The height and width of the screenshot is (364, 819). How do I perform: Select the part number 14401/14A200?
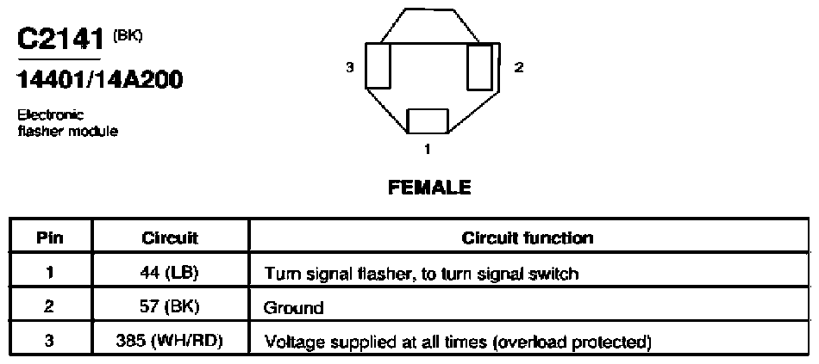coord(100,80)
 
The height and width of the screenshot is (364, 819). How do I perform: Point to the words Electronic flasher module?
coord(67,122)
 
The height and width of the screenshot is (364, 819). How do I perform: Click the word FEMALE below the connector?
coord(429,188)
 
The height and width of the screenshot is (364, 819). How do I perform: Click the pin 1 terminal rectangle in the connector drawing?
coord(428,121)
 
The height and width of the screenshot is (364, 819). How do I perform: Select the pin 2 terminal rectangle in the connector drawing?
coord(479,67)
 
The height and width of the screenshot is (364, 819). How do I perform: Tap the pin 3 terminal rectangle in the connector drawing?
coord(378,65)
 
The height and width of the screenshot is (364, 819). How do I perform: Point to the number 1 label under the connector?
coord(428,150)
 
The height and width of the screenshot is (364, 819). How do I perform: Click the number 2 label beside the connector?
coord(519,67)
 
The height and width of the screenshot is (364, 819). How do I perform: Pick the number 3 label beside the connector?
coord(350,67)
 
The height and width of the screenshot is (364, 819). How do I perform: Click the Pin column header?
coord(50,238)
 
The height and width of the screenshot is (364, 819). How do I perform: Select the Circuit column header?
coord(170,238)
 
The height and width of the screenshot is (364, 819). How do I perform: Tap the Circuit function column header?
coord(528,238)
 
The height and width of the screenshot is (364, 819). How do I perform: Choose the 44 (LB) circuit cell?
coord(170,273)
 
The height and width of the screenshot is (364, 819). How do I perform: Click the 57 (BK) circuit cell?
coord(170,307)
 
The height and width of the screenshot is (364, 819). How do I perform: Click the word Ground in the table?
coord(294,308)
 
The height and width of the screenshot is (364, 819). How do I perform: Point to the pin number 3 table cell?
coord(49,342)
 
